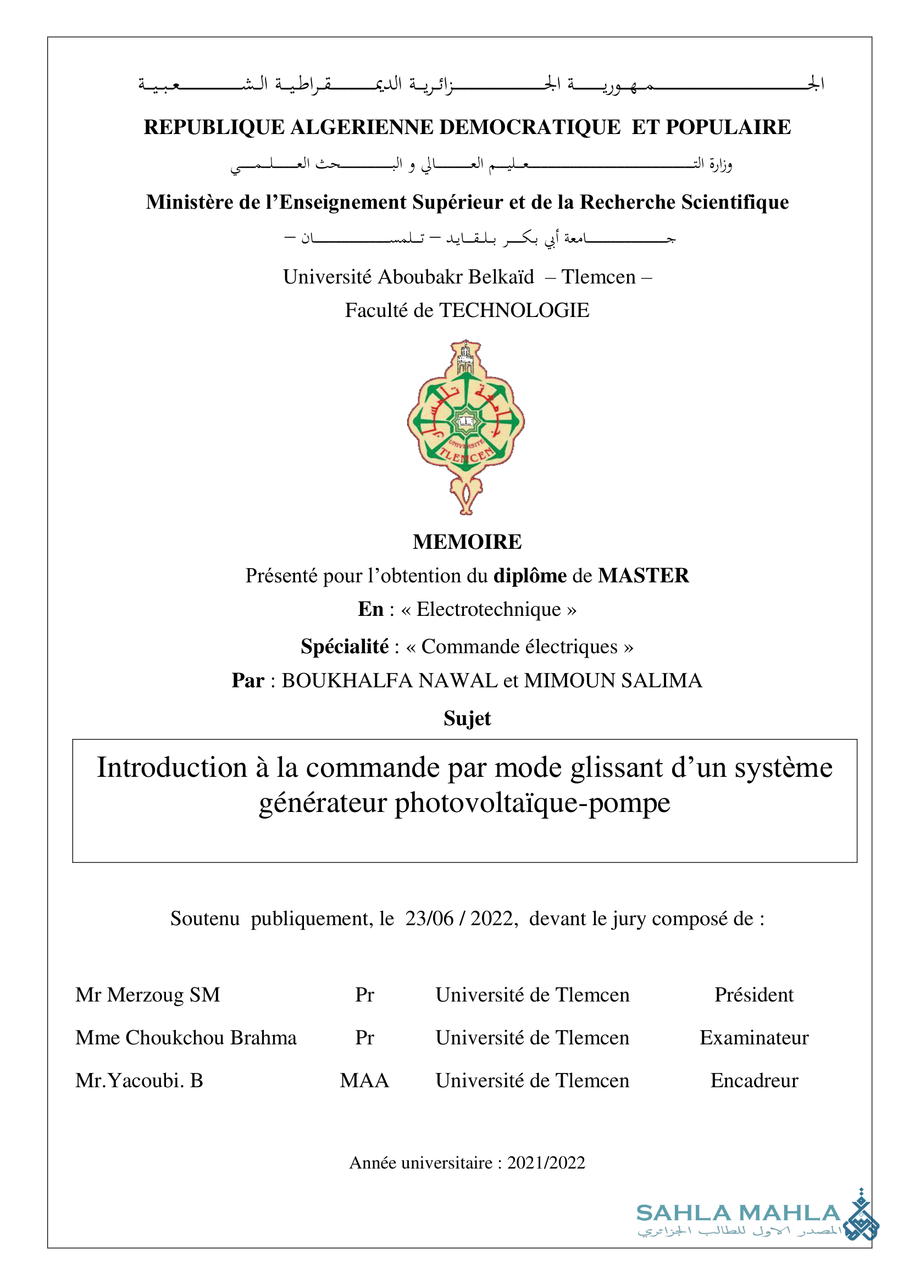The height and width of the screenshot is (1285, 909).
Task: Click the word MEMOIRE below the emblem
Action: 467,542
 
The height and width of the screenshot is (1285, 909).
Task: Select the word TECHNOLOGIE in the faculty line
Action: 514,310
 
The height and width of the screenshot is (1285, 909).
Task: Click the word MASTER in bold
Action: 643,575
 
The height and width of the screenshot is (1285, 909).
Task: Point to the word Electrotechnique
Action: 488,609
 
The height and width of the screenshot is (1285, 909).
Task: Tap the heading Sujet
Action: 467,718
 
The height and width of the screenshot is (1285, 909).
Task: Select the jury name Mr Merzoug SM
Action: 148,994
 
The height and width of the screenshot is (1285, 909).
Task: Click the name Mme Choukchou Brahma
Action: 186,1037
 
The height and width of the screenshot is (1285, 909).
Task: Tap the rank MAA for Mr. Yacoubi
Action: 364,1080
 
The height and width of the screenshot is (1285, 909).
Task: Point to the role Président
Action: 754,994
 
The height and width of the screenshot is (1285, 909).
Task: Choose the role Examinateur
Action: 754,1037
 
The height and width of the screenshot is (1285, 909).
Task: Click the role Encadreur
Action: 754,1080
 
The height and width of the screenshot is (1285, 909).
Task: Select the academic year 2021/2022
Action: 546,1162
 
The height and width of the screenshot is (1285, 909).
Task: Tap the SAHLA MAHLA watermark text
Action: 738,1213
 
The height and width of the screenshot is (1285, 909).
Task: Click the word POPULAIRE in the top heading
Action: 728,127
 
